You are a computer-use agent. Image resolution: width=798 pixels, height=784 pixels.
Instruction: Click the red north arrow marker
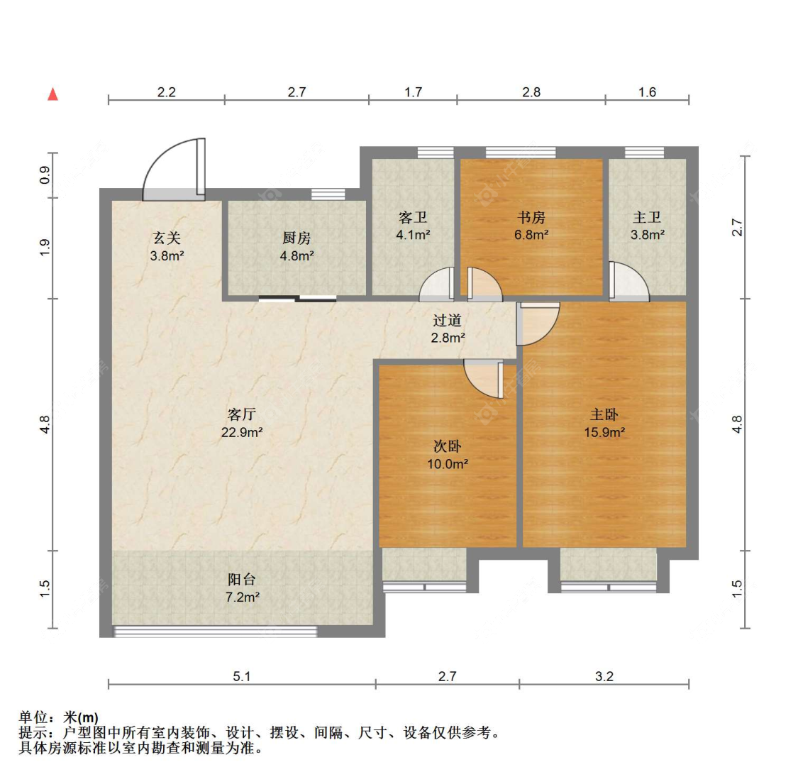click(x=52, y=94)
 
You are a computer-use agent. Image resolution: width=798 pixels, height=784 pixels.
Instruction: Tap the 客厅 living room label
click(x=242, y=414)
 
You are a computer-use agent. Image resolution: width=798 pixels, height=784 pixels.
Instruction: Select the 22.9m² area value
click(x=242, y=432)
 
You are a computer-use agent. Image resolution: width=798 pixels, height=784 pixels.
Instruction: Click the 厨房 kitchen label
click(x=297, y=238)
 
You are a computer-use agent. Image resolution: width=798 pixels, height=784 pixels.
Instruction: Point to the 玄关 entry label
click(x=167, y=238)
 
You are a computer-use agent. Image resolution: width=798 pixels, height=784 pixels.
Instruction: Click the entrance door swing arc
click(x=170, y=167)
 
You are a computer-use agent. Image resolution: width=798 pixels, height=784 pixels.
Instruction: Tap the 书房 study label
click(x=531, y=217)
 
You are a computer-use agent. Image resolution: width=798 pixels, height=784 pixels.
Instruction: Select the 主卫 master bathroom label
click(x=647, y=217)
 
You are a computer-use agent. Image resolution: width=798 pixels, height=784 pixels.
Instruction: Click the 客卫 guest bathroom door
click(x=437, y=285)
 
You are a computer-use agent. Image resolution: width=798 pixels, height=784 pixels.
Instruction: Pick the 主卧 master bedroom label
click(x=604, y=414)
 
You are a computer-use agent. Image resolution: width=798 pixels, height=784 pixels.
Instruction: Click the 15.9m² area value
click(x=604, y=432)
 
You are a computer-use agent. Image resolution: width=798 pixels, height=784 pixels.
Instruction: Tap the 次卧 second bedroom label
click(x=448, y=446)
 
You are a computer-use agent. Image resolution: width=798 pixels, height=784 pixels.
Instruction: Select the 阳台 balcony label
click(x=242, y=579)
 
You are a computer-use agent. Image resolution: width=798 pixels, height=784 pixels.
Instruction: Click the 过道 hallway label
click(x=448, y=320)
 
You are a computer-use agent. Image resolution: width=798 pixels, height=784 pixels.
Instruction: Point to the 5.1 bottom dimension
click(x=242, y=676)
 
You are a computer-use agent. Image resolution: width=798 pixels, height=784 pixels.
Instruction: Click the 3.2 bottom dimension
click(x=604, y=676)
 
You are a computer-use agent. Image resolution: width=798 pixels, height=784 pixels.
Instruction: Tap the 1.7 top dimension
click(x=413, y=92)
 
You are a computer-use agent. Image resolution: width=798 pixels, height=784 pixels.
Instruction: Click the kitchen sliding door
click(x=297, y=299)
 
